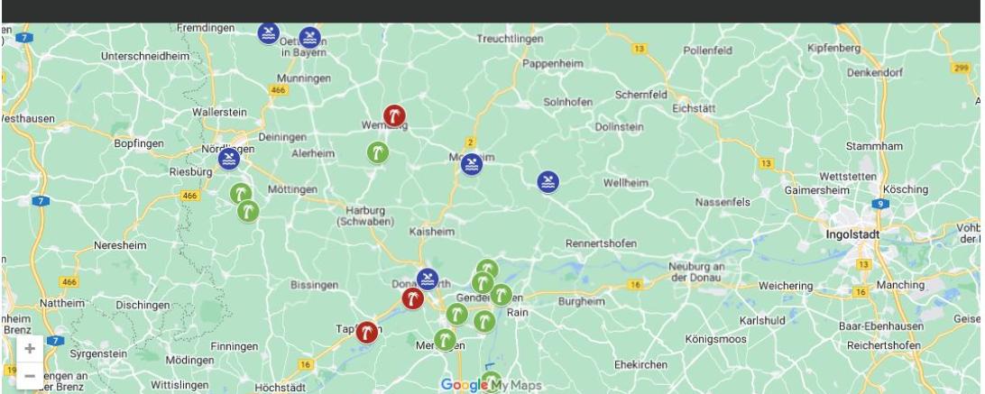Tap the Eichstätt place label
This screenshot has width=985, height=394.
[694, 108]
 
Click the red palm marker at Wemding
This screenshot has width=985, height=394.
[394, 115]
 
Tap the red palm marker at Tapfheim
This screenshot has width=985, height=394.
[366, 332]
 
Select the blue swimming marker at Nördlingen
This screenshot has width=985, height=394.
[230, 160]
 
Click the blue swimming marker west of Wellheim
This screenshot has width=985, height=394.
[548, 182]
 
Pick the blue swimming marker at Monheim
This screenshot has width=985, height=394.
[471, 165]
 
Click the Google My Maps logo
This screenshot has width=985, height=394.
[492, 385]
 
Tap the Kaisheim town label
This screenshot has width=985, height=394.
[432, 232]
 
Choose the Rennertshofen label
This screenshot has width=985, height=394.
[601, 243]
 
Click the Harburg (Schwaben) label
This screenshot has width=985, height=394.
[360, 215]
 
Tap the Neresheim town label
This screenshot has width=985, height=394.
[120, 245]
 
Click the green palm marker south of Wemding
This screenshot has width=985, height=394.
[377, 152]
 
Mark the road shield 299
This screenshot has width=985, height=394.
[960, 66]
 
